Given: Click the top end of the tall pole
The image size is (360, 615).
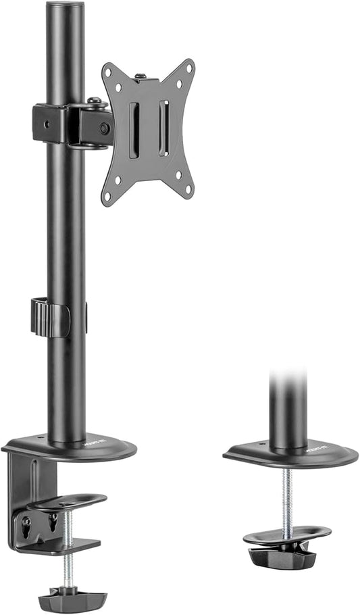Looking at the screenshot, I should [66, 5].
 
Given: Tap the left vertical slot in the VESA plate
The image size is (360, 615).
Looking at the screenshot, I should [134, 130].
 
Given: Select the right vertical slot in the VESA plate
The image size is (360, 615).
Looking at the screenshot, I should [163, 128].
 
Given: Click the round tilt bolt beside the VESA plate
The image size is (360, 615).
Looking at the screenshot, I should [104, 128].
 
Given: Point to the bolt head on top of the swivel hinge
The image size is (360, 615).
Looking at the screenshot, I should [95, 102].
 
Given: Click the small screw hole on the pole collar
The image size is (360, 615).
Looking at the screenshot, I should [47, 124].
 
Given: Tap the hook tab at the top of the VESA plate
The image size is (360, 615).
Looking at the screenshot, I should [141, 78].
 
